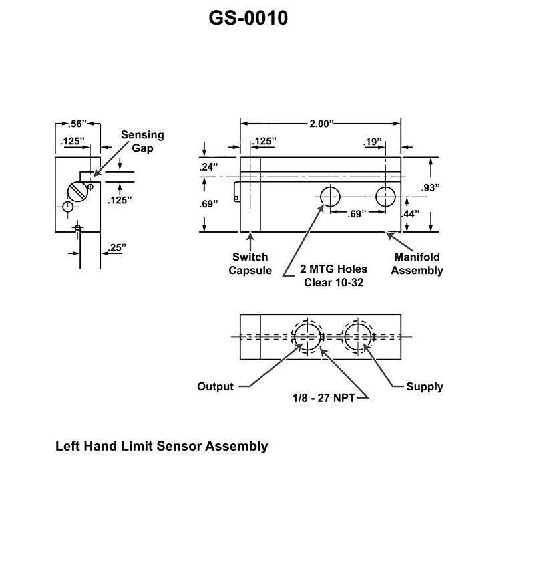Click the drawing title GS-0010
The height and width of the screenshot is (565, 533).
coord(248,18)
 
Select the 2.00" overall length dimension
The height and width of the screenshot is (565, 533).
coord(321,124)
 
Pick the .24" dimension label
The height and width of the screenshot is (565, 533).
coord(208,168)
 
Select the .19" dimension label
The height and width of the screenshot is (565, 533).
coord(373,142)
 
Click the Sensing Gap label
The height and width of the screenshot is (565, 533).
coord(142,141)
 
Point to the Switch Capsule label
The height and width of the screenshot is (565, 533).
coord(250,263)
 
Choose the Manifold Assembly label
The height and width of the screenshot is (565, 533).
coord(417,263)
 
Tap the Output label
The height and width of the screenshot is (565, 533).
coord(216,386)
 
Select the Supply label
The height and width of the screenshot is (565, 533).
coord(425,386)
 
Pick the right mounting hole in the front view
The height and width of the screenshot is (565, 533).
coord(385,197)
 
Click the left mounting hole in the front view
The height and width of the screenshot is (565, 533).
coord(331,197)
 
